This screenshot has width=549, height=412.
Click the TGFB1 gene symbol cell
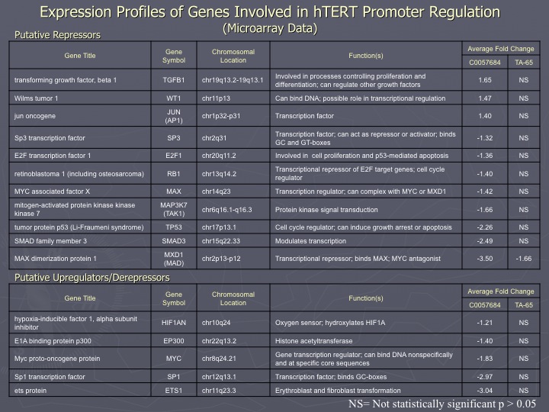coord(174,80)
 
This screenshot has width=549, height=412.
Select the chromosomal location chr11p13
coord(216,98)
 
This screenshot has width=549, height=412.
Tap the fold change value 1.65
coord(485,80)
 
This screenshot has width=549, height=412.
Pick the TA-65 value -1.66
coord(524,259)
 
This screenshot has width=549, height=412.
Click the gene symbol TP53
coord(174,227)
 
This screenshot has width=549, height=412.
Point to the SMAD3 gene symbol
coord(174,241)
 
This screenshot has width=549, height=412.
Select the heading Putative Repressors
coord(57,35)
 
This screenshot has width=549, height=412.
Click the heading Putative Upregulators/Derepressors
coord(92,278)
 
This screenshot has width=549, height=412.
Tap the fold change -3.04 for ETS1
coord(485,391)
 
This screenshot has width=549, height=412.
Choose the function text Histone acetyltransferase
coord(313,341)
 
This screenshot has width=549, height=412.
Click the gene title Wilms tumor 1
coord(36,98)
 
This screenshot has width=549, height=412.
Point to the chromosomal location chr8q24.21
coord(219,359)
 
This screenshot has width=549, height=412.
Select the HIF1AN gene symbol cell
coord(174,323)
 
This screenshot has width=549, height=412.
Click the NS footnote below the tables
coord(441,404)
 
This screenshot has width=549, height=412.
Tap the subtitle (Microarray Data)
coord(270,28)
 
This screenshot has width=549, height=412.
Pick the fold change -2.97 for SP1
coord(485,377)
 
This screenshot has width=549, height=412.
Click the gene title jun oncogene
coord(34,116)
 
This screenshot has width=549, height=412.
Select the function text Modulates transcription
coord(310,241)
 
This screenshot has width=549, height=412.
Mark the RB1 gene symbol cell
coord(174,174)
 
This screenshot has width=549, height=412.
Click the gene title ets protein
coord(30,391)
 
